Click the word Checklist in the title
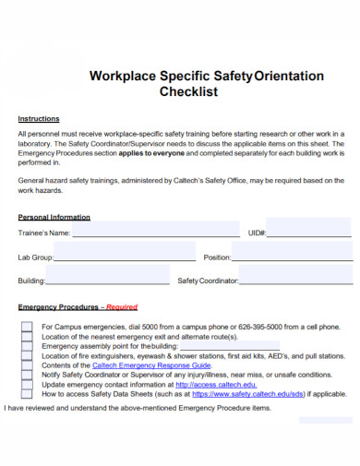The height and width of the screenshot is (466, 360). [206, 94]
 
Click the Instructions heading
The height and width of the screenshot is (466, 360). [39, 119]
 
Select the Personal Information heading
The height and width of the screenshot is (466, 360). [54, 218]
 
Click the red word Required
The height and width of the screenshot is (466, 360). [122, 307]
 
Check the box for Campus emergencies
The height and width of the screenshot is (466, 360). [27, 328]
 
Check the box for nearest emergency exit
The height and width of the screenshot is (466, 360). [27, 337]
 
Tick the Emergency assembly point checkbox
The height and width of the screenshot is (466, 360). [27, 347]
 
